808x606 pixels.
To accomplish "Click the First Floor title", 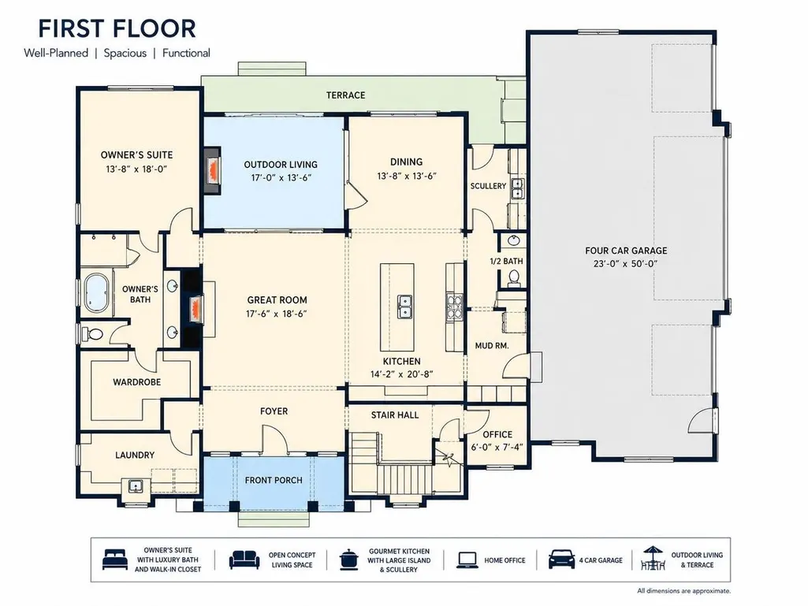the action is click(x=117, y=29).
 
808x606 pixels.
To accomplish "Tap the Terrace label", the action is click(x=345, y=95).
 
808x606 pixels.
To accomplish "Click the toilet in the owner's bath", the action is click(x=95, y=334).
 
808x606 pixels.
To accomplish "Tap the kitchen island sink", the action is click(x=405, y=307).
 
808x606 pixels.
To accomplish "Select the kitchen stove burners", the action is click(x=455, y=307).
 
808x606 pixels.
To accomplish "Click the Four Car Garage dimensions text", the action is click(x=626, y=264).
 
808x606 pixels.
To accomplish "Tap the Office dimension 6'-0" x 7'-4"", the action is click(x=497, y=448).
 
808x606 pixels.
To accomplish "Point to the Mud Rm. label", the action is click(x=492, y=346).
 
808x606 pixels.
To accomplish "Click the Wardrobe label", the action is click(x=136, y=382).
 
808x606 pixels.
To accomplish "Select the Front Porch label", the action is click(x=273, y=480).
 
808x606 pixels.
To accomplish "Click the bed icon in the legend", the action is click(x=115, y=560).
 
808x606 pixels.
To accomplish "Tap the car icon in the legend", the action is click(x=562, y=559).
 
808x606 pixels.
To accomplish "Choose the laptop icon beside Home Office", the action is click(x=467, y=560).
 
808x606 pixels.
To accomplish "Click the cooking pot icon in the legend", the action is click(x=349, y=560).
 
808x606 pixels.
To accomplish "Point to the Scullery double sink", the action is click(x=517, y=188).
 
